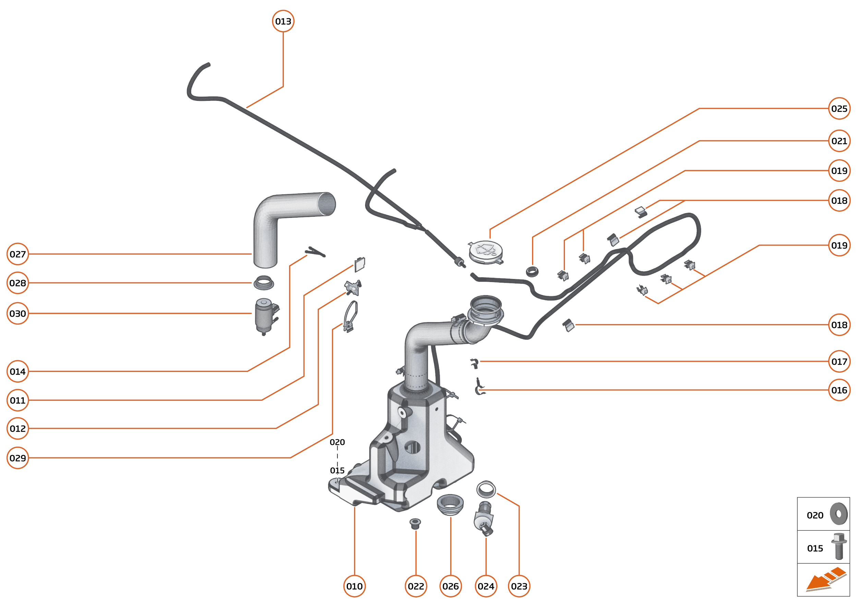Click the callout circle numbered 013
283,21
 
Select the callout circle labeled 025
839,108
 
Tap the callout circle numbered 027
17,254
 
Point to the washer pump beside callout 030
265,316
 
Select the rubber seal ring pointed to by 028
264,283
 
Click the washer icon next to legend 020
839,514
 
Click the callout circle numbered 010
354,586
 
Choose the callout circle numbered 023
519,586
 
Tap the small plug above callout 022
415,523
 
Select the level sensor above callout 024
484,518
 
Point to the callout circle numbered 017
839,361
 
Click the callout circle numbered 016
839,390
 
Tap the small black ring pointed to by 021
532,271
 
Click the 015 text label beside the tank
337,470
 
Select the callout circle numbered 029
17,458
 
